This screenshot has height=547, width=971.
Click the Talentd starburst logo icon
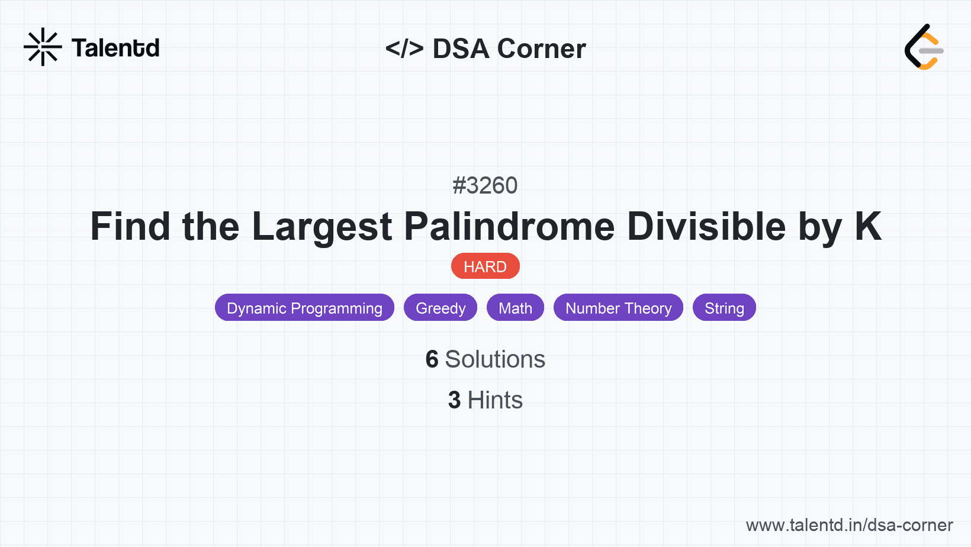click(x=43, y=47)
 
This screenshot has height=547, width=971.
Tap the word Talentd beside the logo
click(x=115, y=48)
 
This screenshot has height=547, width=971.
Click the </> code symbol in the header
click(x=404, y=49)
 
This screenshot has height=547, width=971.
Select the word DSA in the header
click(x=461, y=49)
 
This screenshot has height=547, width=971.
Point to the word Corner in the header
click(x=541, y=49)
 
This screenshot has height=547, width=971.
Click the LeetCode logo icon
click(x=924, y=47)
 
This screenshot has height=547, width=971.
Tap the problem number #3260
click(x=485, y=186)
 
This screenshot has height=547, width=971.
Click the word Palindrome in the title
click(x=509, y=227)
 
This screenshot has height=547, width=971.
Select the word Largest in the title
click(x=322, y=227)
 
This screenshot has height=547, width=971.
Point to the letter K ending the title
click(x=868, y=226)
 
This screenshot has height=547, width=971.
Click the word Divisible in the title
click(x=706, y=227)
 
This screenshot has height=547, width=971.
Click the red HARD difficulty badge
click(x=485, y=266)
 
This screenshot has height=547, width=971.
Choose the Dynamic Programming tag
click(x=304, y=308)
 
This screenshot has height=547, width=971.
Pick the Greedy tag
click(x=441, y=308)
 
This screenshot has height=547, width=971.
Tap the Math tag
click(x=515, y=308)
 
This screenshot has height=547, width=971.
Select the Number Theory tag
click(x=618, y=308)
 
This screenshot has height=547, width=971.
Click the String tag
click(x=724, y=308)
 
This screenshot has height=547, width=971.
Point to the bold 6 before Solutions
click(x=432, y=359)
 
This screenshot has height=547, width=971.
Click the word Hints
click(x=495, y=400)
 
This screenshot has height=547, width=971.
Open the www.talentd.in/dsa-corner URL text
click(x=849, y=525)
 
